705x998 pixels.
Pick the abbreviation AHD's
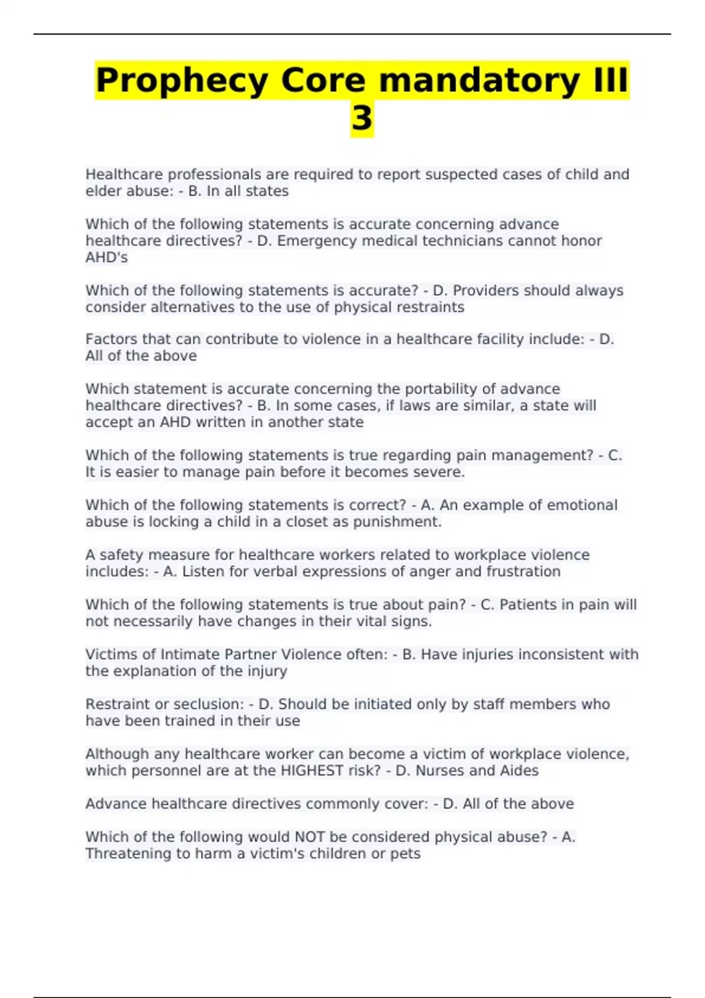106,257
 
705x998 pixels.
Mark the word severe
439,472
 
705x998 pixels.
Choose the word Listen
203,572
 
